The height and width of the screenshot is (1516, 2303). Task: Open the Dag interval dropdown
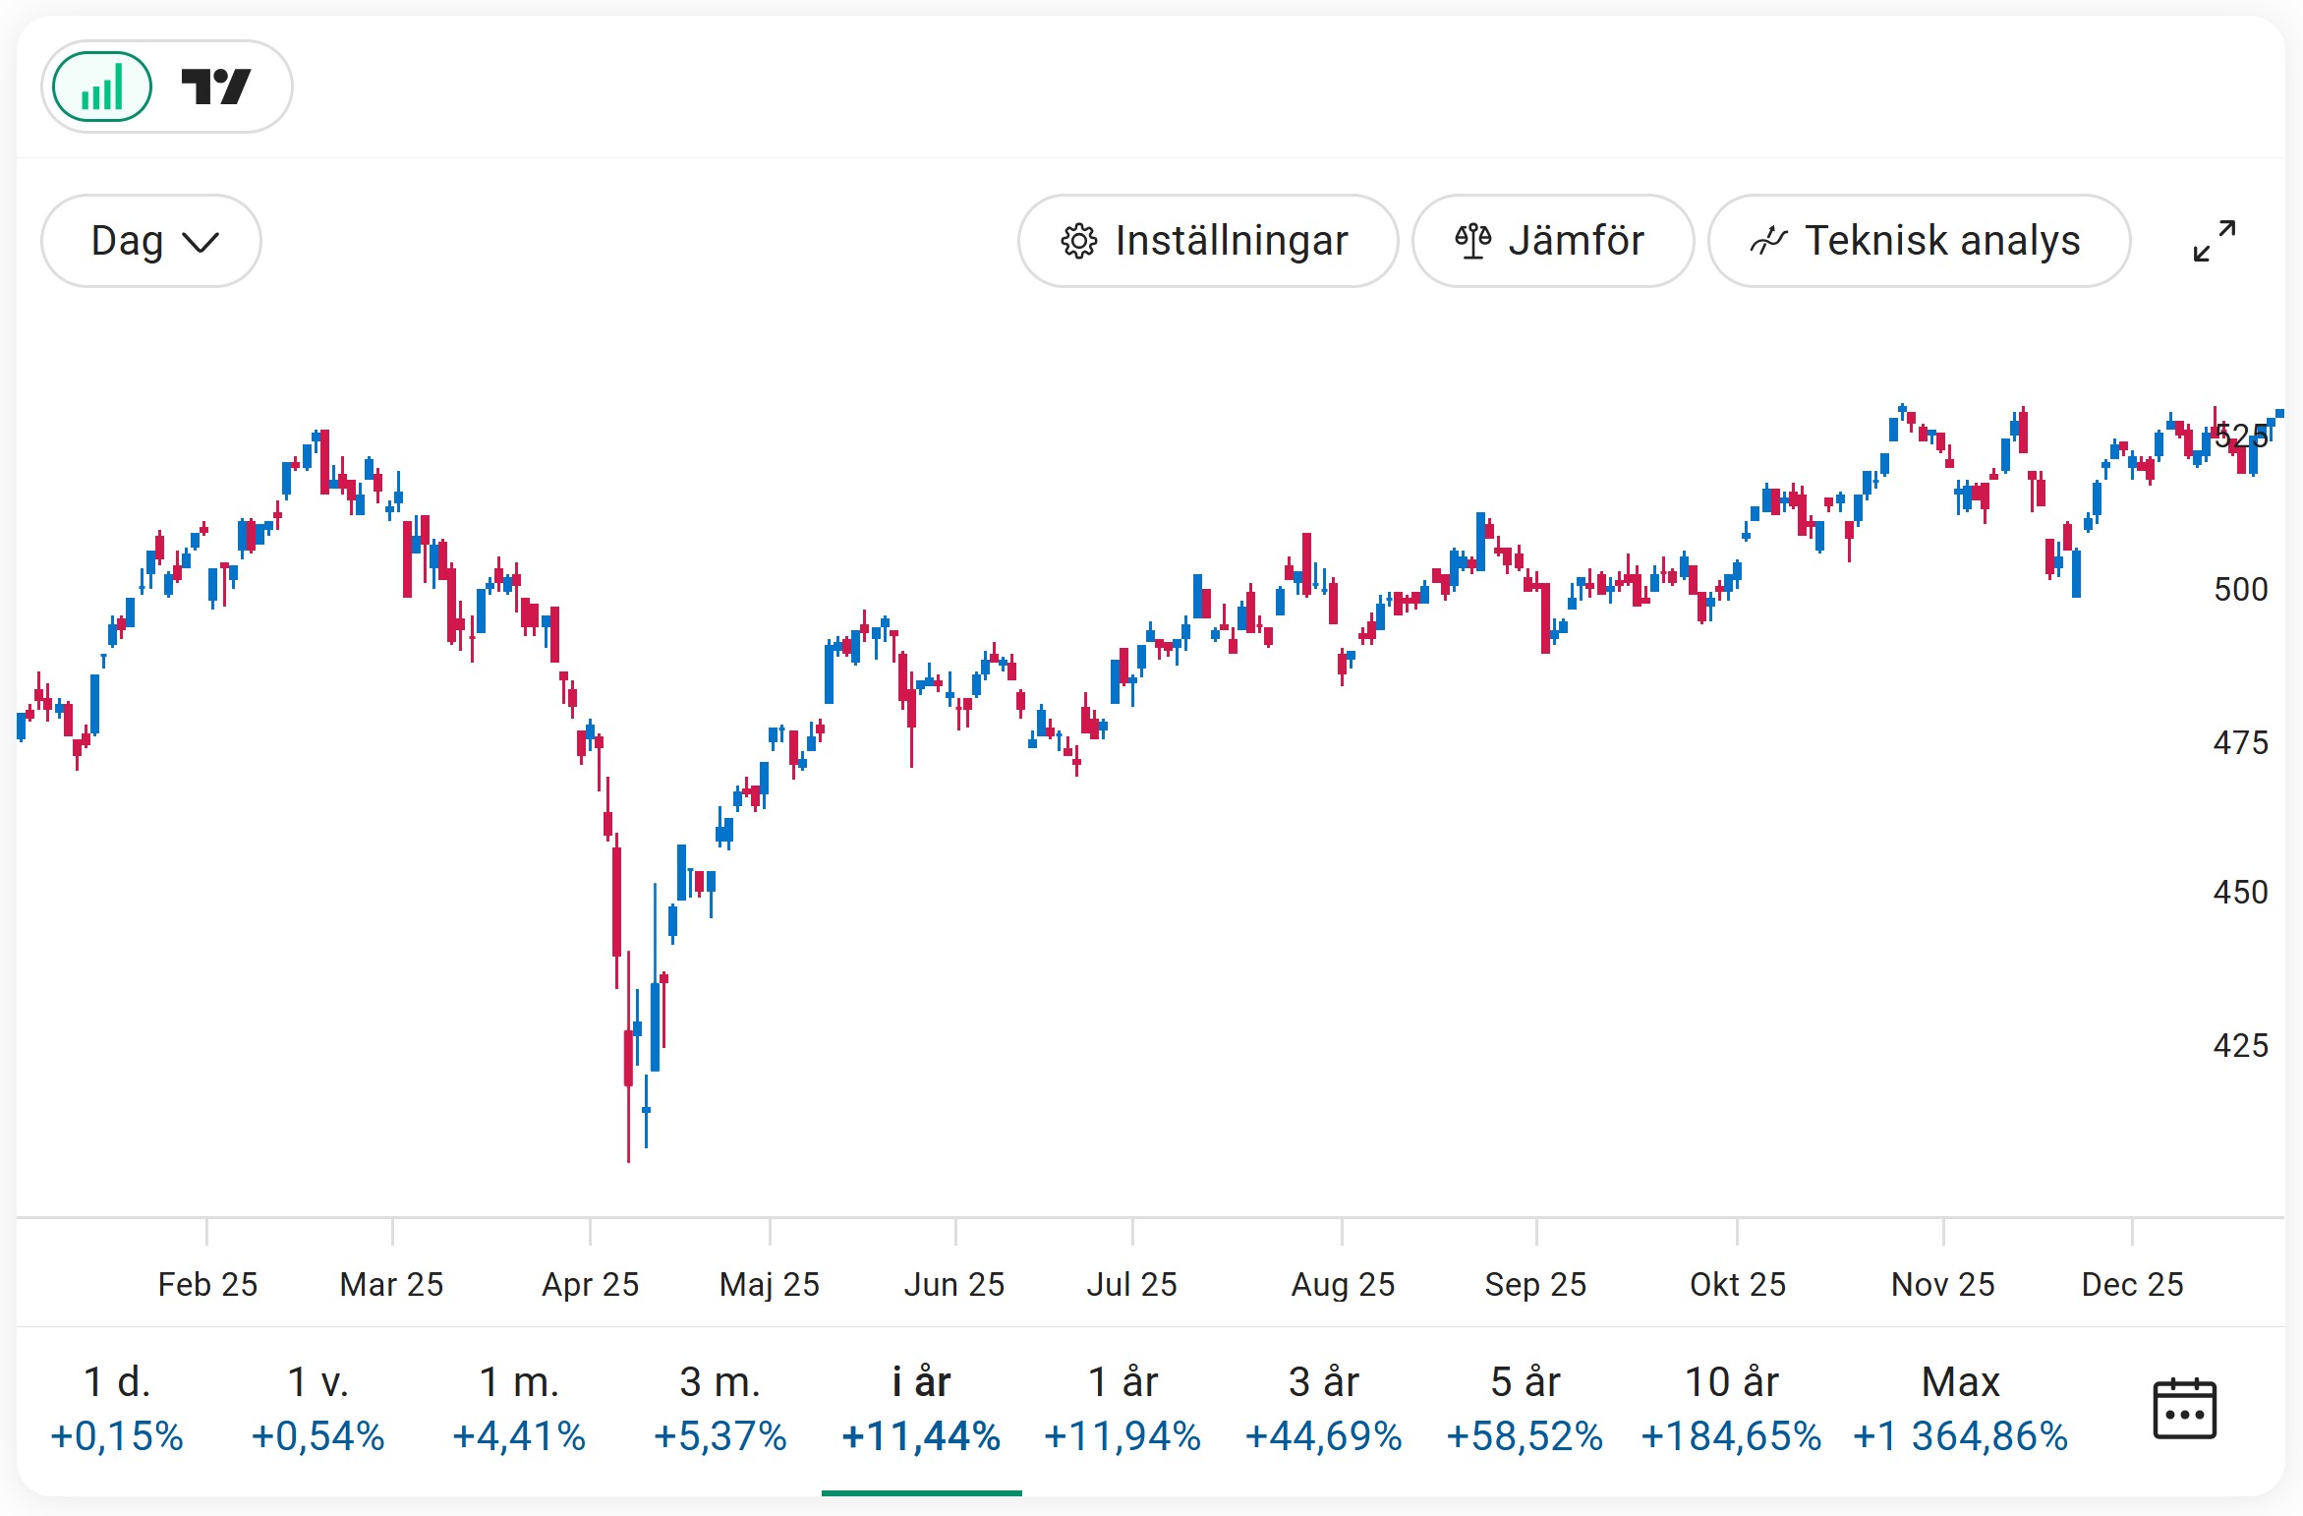(x=150, y=241)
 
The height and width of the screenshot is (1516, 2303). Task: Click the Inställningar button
(x=1207, y=241)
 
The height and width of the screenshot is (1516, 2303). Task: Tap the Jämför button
(x=1552, y=241)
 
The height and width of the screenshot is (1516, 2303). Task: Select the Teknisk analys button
(x=1918, y=241)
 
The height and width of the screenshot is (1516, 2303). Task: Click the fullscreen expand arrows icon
(x=2214, y=241)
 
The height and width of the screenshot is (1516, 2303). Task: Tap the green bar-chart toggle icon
(x=102, y=87)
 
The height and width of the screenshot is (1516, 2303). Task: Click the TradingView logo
(x=216, y=87)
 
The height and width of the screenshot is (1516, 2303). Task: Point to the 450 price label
(x=2240, y=893)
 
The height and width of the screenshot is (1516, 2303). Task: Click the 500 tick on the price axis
(x=2240, y=590)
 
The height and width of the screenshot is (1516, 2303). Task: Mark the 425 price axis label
(x=2240, y=1045)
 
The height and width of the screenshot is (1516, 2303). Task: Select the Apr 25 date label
(x=590, y=1284)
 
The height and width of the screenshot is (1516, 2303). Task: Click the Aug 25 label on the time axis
(x=1343, y=1284)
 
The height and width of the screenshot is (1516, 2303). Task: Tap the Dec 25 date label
(x=2132, y=1284)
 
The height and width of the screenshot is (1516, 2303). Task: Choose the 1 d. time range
(x=117, y=1407)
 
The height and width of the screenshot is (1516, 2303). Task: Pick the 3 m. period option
(x=720, y=1407)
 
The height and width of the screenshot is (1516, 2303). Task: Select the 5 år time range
(x=1525, y=1407)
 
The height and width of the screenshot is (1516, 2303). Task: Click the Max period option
(x=1960, y=1407)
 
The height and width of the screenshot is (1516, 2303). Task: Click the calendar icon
(x=2184, y=1409)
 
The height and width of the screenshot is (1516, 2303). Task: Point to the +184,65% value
(x=1731, y=1436)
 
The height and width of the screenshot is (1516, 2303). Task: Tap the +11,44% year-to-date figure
(x=921, y=1436)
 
